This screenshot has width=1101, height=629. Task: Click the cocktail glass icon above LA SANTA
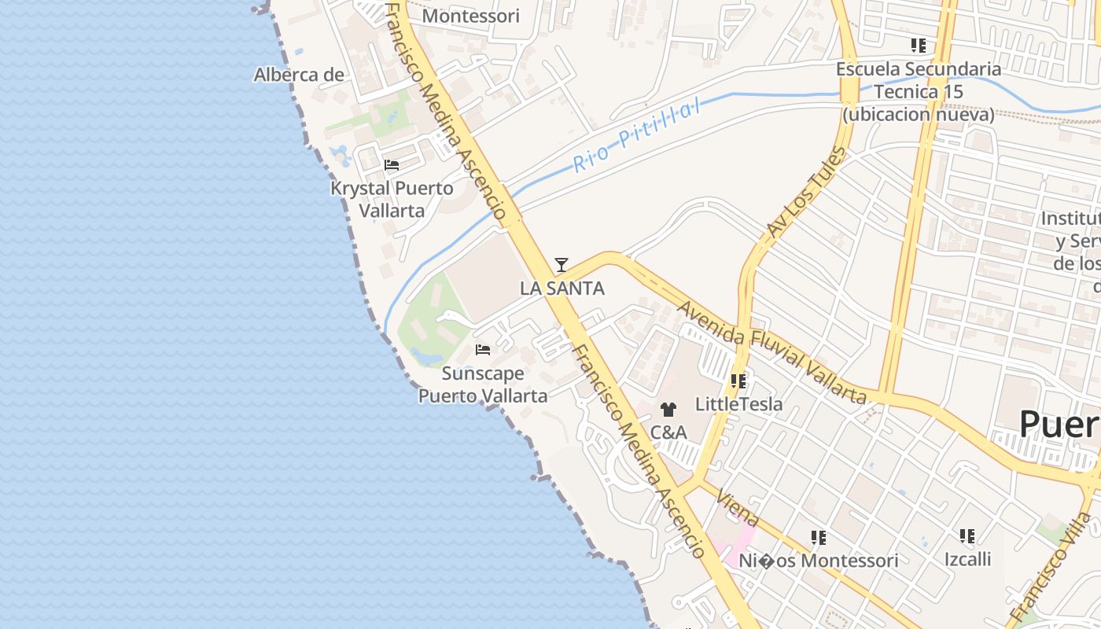tap(561, 265)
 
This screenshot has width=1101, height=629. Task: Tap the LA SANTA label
tap(562, 289)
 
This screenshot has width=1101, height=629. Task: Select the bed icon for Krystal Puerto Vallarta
tap(392, 165)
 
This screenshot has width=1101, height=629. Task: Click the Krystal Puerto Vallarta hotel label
tap(392, 200)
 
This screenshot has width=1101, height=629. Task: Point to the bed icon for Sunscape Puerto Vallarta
tap(483, 349)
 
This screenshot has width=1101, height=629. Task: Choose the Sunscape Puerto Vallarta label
tap(482, 384)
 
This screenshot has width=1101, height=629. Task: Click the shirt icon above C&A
tap(668, 409)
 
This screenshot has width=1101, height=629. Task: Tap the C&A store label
tap(668, 432)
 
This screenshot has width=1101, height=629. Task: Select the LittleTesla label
tap(738, 404)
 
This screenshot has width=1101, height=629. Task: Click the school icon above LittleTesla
tap(738, 381)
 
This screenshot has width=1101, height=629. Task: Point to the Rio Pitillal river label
tap(637, 134)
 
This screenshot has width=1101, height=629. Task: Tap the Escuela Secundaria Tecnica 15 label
tap(919, 91)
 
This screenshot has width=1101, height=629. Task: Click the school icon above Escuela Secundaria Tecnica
tap(918, 46)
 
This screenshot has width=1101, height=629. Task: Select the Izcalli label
tap(967, 560)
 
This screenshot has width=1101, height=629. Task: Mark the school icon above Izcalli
tap(967, 536)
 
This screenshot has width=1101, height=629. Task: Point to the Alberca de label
tap(299, 75)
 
